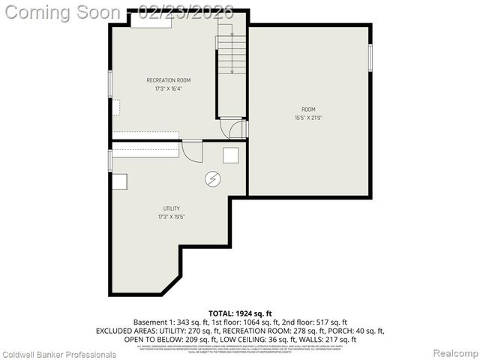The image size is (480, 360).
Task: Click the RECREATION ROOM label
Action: [x=168, y=80]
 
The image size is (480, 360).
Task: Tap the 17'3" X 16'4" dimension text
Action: [x=168, y=88]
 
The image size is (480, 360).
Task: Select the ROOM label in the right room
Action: [x=308, y=109]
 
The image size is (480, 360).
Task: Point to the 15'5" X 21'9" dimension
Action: [x=308, y=117]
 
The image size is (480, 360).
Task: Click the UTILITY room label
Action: [x=172, y=208]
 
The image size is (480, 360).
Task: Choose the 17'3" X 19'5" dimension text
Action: [x=172, y=217]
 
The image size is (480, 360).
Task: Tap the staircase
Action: [x=232, y=52]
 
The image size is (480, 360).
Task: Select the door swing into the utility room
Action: [x=193, y=151]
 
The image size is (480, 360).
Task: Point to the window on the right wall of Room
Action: [x=370, y=58]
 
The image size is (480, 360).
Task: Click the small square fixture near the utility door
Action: [x=231, y=154]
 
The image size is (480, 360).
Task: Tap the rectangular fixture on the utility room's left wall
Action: [x=120, y=181]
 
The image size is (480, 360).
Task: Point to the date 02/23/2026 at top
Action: [x=186, y=13]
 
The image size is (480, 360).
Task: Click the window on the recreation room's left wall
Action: [x=110, y=82]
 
